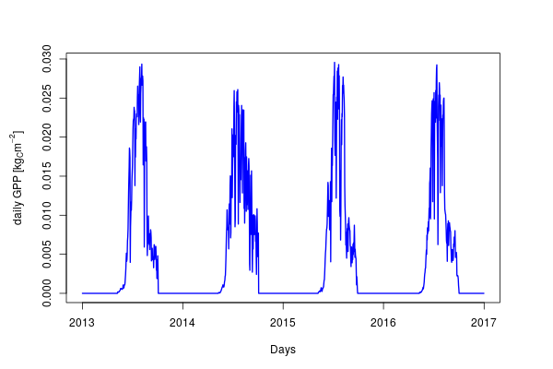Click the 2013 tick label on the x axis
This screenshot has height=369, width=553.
pyautogui.click(x=82, y=322)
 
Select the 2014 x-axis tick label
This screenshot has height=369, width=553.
pyautogui.click(x=182, y=322)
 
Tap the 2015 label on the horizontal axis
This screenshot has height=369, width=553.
pyautogui.click(x=283, y=322)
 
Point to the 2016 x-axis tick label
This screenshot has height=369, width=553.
pyautogui.click(x=383, y=322)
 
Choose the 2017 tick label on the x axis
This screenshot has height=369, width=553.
pyautogui.click(x=484, y=322)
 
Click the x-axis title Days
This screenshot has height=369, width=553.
pyautogui.click(x=283, y=350)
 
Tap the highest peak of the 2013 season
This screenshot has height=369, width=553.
pyautogui.click(x=141, y=65)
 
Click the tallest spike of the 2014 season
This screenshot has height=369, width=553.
pyautogui.click(x=238, y=89)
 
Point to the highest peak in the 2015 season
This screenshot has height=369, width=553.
pyautogui.click(x=334, y=62)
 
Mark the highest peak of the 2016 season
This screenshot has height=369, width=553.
pyautogui.click(x=437, y=65)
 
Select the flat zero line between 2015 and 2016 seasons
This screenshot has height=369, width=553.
pyautogui.click(x=387, y=293)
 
